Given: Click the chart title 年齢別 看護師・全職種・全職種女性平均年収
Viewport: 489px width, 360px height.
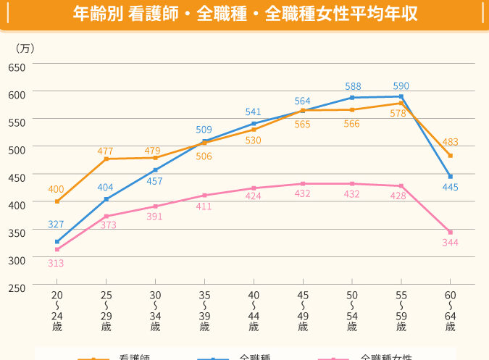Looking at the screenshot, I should (x=246, y=15).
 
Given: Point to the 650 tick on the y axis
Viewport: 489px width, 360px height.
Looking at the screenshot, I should (x=17, y=67).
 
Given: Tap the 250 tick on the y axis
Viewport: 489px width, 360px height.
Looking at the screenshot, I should (x=17, y=288).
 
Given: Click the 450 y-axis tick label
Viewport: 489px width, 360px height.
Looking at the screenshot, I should (x=17, y=177).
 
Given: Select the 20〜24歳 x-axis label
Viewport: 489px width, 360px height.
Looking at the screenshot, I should (x=57, y=311).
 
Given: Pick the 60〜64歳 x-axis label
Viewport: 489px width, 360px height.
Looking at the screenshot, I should (x=450, y=311).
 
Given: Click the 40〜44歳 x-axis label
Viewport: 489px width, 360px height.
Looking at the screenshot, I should (x=254, y=311).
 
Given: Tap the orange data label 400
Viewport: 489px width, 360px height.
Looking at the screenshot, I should (x=56, y=189).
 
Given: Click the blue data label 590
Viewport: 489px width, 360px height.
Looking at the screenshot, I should (x=401, y=85).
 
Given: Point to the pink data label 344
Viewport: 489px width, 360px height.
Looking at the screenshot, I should (x=450, y=243).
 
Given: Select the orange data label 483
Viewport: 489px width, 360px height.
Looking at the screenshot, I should (x=450, y=142).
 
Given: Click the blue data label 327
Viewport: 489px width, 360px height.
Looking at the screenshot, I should (x=56, y=224).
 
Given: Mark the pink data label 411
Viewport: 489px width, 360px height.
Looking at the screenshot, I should (x=204, y=206).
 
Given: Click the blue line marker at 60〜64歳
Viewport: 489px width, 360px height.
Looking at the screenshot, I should (x=450, y=177).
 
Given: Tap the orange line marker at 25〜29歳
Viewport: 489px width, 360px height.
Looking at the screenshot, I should (x=106, y=159).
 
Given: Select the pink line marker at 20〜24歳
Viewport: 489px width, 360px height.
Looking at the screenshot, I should (x=57, y=249).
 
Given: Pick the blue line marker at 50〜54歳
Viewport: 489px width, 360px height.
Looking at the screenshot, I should (x=352, y=97).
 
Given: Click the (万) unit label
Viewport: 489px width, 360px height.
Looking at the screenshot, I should (x=25, y=49).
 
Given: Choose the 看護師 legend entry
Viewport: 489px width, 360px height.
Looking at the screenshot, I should (x=134, y=357).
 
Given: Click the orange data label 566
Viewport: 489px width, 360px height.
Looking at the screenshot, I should (x=352, y=124).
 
